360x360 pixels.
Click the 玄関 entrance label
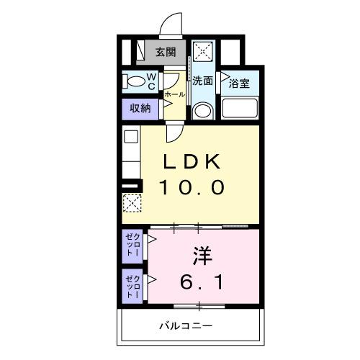165,52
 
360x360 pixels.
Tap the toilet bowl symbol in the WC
135,81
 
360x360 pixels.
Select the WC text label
153,80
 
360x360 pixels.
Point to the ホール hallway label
174,94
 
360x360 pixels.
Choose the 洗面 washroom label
202,81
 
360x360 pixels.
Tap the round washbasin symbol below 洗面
202,110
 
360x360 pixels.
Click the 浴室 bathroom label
239,84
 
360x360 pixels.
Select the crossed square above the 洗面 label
203,52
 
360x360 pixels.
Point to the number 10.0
192,187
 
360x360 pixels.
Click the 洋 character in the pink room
201,255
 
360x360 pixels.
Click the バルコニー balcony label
185,327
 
